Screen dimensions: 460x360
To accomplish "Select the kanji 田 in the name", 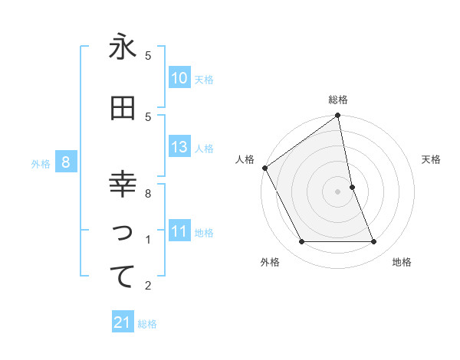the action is tap(123, 109).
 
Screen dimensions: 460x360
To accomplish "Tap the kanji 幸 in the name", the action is tap(123, 185).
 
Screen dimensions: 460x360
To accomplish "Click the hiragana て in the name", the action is tap(123, 277).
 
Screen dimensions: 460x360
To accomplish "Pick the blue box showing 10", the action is tap(179, 78).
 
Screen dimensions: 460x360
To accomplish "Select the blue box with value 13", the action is tap(179, 147).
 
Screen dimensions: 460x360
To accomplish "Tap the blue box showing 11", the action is tap(179, 231).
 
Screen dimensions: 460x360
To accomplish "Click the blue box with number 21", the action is tap(123, 322).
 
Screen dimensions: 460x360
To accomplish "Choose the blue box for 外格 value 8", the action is tap(67, 162).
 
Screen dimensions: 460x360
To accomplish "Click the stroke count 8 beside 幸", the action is tap(148, 194).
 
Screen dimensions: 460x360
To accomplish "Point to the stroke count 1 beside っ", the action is tap(148, 240).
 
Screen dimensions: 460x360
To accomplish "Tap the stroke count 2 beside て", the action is tap(148, 286).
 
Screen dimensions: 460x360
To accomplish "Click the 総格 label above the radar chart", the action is tap(338, 100).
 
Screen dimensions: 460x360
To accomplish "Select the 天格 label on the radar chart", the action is tap(432, 159).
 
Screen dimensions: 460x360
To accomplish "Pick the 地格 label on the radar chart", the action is tap(402, 262).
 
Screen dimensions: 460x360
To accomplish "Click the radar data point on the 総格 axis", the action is tap(338, 116).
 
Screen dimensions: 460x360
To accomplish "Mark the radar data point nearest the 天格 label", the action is tap(352, 187).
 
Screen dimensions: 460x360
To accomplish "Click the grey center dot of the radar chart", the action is tap(338, 191).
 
